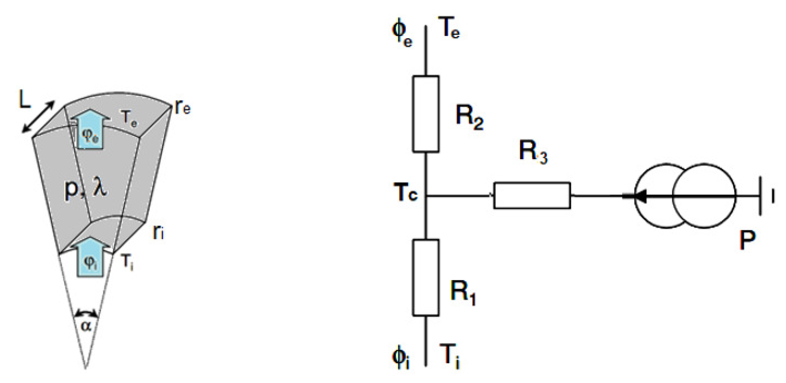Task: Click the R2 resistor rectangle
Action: [425, 114]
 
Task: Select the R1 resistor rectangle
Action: [425, 278]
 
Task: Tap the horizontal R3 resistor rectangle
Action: [532, 196]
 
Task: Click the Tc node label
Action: [406, 193]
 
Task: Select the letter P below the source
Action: [747, 240]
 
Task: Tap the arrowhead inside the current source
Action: [639, 197]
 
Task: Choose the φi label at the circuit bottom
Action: [401, 359]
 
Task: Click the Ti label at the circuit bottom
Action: [450, 356]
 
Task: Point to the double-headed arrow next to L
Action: [38, 117]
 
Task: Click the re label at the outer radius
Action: [182, 107]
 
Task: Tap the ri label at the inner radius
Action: [158, 232]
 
